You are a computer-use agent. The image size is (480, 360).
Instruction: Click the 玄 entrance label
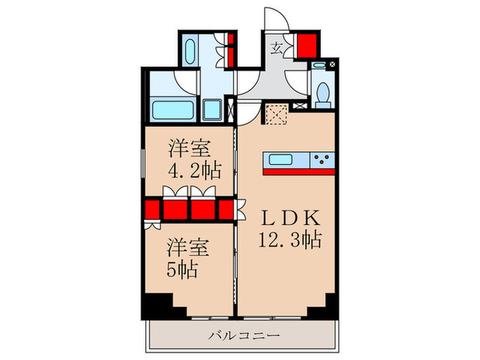pyautogui.click(x=278, y=48)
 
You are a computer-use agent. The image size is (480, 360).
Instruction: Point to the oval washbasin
pyautogui.click(x=191, y=51)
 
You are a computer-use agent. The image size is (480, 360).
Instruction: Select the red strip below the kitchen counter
pyautogui.click(x=298, y=171)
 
